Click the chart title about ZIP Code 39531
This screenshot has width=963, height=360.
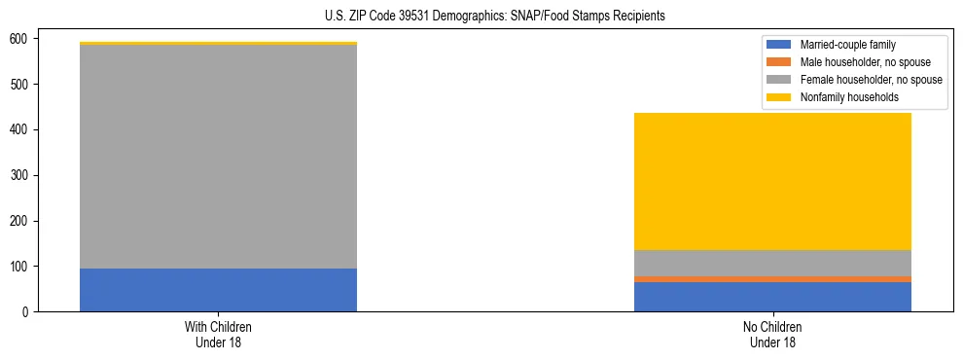[x=495, y=17]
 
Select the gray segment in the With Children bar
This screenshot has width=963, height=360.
[x=218, y=157]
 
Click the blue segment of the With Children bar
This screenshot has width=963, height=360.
[x=218, y=290]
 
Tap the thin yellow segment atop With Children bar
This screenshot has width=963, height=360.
[x=218, y=43]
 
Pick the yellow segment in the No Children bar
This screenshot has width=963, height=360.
[x=772, y=181]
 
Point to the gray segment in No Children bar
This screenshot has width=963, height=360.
[x=772, y=263]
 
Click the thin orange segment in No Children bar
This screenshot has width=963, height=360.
[x=772, y=279]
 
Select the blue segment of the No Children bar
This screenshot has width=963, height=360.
[x=772, y=297]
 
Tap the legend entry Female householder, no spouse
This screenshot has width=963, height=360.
[x=870, y=80]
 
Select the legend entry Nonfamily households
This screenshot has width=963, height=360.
[x=849, y=97]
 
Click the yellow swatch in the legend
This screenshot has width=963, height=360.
[x=780, y=97]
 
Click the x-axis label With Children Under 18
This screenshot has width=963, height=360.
[x=218, y=334]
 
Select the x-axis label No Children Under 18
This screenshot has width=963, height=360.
[x=772, y=334]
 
